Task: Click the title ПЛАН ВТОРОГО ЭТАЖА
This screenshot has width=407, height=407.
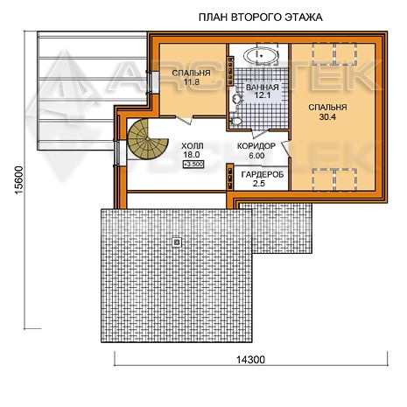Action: coord(260,18)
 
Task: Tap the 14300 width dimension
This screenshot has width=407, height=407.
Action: coord(250,360)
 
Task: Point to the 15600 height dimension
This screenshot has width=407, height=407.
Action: coord(18,180)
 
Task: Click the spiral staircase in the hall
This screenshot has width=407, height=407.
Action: coord(147,139)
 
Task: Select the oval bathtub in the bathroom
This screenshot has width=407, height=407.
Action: coord(261,55)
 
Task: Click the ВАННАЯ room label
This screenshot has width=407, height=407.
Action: coord(263,88)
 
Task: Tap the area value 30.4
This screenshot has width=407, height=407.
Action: coord(327,117)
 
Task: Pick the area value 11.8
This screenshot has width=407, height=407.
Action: coord(192,82)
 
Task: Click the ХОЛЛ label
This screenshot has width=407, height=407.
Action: coord(193,146)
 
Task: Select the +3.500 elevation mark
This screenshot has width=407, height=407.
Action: coord(193,165)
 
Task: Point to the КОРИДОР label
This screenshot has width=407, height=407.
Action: coord(256,146)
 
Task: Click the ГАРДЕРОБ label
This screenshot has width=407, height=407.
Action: coord(263,174)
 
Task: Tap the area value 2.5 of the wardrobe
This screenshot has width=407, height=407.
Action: coord(259,184)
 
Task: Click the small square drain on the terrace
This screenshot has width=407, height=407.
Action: coord(177,242)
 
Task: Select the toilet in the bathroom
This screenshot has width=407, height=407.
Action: coord(235,121)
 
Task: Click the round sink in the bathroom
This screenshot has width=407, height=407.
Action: coord(237,99)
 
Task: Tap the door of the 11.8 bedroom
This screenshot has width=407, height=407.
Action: coord(184,120)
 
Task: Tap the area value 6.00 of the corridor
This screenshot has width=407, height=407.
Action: coord(256,156)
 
